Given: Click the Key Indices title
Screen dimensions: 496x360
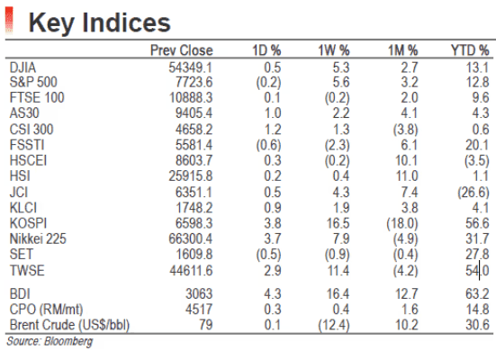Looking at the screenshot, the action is point(99,22).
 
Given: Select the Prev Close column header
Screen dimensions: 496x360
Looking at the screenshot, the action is point(182,50).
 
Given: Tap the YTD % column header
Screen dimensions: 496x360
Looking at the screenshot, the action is point(470,50).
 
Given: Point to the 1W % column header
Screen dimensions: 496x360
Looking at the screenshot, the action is point(334,50).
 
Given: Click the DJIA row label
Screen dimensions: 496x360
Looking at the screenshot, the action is point(23,67).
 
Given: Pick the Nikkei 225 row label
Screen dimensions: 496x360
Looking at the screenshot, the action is point(38,238).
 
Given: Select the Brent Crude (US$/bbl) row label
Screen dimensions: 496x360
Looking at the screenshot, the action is point(69,325).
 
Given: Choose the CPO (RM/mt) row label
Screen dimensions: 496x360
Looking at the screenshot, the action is point(46,310).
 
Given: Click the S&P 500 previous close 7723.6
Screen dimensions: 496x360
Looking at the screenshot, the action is point(194,82).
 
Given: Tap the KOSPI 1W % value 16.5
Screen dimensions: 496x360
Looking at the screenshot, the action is point(338,223).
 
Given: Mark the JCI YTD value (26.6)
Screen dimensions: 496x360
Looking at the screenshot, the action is point(473,193).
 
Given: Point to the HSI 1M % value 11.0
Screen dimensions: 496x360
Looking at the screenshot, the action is point(407,175).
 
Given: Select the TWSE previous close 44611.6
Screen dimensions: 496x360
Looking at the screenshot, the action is point(191,271).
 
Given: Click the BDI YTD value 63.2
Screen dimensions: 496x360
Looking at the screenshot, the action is point(477,294).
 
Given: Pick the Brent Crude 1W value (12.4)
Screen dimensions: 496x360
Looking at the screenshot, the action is point(334,325).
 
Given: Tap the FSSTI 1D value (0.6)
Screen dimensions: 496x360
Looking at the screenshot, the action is point(268,145).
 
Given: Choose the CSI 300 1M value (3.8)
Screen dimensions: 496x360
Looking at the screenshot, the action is point(405,130).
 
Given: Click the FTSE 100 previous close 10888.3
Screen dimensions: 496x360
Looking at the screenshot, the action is point(191,98).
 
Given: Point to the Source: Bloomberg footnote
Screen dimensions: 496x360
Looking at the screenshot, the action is point(50,341).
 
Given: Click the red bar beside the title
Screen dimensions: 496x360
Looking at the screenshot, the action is point(9,20).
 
